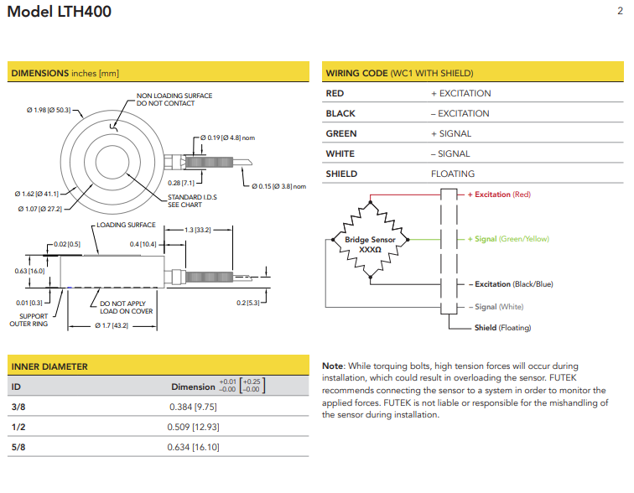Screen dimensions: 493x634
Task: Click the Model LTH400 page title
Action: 59,12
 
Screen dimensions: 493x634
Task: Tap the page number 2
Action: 620,11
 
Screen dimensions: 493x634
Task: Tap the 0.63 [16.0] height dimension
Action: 29,271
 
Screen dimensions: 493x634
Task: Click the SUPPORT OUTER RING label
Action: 29,319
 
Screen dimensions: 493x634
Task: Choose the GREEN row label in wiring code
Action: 340,133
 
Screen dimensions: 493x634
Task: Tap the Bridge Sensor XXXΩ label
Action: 369,244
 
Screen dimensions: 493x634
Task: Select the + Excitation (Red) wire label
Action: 499,195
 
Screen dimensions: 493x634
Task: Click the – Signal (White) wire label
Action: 496,307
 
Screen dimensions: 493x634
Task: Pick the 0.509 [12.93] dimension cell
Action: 194,427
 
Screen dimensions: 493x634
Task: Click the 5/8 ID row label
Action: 17,447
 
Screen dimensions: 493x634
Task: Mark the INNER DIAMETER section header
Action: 49,366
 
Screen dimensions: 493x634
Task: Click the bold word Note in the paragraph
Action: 334,366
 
